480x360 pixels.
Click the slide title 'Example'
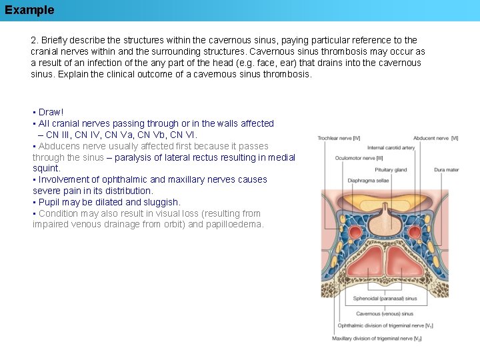(29, 10)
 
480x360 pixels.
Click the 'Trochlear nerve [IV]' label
(339, 138)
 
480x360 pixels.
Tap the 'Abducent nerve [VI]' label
(435, 138)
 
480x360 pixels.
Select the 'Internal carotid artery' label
(391, 148)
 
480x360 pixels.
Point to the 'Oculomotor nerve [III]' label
(359, 159)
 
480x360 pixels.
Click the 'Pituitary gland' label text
(391, 170)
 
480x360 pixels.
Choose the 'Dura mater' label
(446, 170)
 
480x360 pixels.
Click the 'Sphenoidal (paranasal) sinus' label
(385, 299)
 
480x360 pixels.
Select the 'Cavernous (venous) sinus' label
(385, 313)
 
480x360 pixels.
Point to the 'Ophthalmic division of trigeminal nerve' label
(385, 326)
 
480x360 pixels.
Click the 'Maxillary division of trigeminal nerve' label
(377, 339)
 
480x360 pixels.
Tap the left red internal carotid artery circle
(355, 233)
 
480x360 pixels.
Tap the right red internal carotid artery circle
(415, 233)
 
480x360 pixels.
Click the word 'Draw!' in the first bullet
(51, 112)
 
